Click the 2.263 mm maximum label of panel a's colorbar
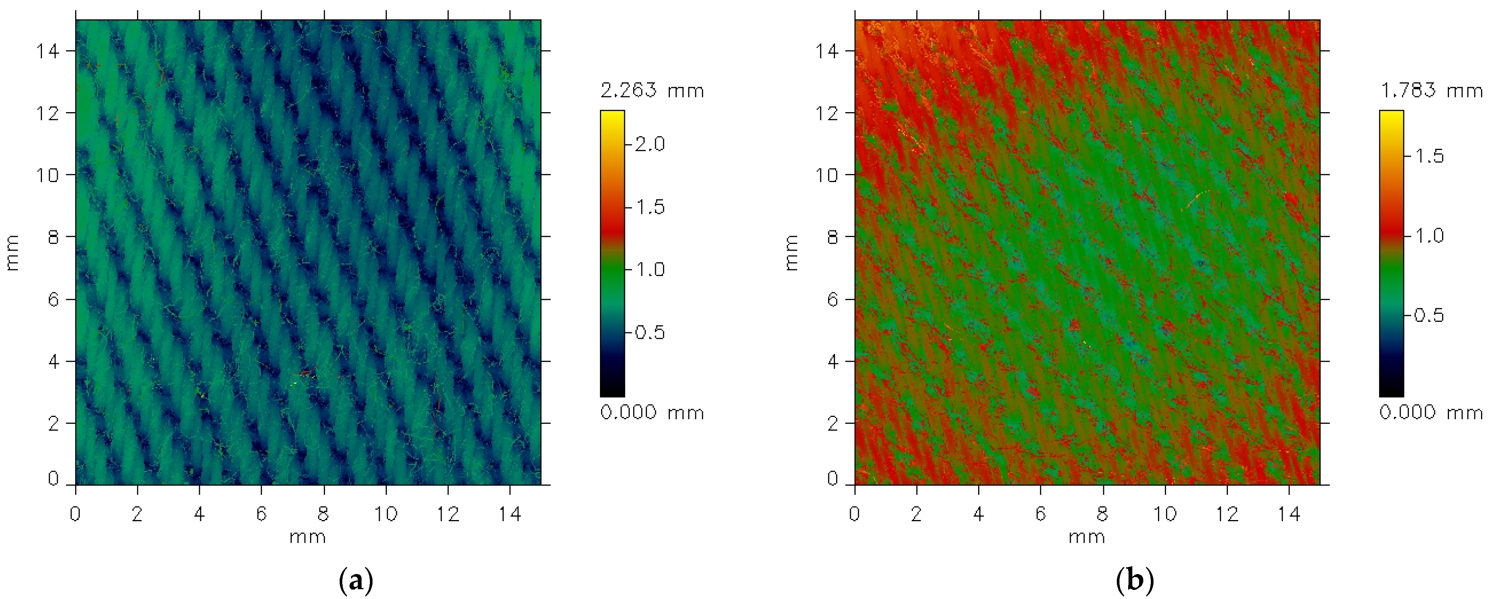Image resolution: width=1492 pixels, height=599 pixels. click(x=652, y=91)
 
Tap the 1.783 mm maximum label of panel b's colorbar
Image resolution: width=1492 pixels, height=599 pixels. click(x=1431, y=91)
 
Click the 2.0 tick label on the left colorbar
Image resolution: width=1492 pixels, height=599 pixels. click(x=649, y=144)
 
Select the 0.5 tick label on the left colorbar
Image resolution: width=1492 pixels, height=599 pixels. click(x=649, y=333)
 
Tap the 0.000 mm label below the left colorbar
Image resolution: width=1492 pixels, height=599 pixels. click(x=652, y=413)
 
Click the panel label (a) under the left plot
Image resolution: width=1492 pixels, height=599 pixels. click(x=355, y=580)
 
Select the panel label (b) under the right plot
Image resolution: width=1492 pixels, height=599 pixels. click(x=1135, y=580)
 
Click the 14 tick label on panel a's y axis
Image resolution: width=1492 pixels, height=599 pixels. click(x=48, y=51)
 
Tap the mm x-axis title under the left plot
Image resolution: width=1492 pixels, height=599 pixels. click(x=308, y=537)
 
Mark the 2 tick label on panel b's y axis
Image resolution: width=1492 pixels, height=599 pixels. click(x=833, y=424)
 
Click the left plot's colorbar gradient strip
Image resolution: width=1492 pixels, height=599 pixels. click(x=612, y=253)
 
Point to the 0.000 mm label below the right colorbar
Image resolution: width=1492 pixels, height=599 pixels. click(x=1431, y=413)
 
